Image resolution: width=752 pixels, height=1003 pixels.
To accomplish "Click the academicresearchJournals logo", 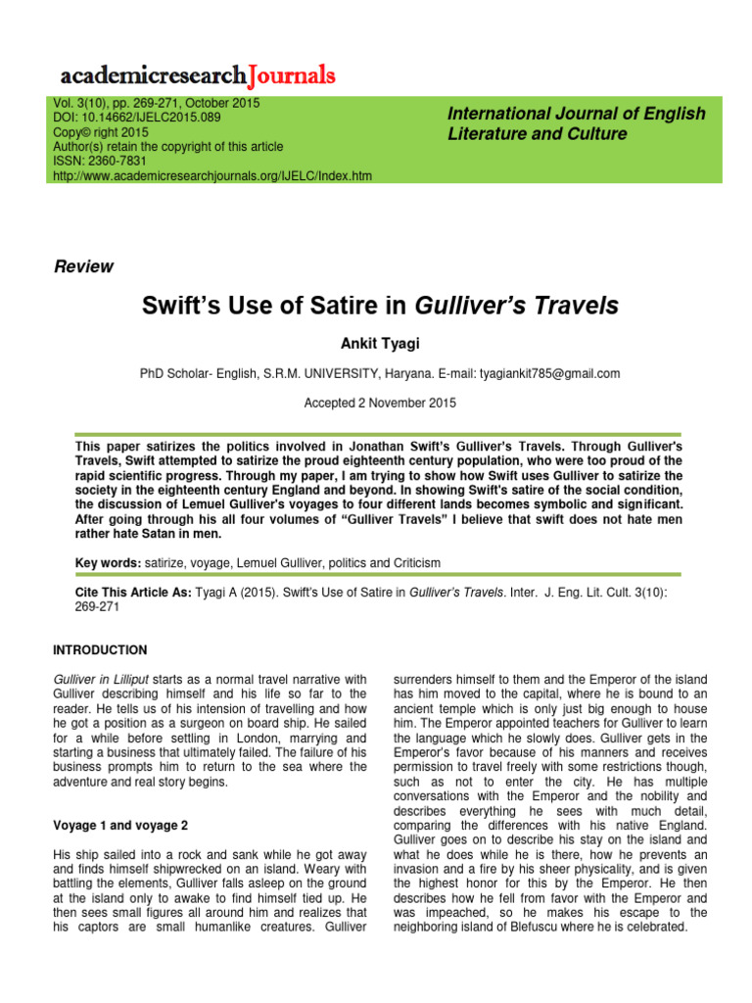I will pos(198,75).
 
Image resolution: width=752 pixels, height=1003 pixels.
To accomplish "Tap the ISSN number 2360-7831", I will pos(118,161).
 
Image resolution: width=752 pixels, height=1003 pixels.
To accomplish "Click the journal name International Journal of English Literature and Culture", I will pos(576,123).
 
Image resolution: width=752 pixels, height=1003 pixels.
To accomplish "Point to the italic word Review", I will pos(83,266).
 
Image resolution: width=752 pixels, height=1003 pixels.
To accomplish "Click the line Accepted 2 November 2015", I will pos(380,403).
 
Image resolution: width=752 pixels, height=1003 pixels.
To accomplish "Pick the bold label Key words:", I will pos(108,563).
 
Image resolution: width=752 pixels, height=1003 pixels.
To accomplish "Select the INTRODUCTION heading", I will pos(100,649).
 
